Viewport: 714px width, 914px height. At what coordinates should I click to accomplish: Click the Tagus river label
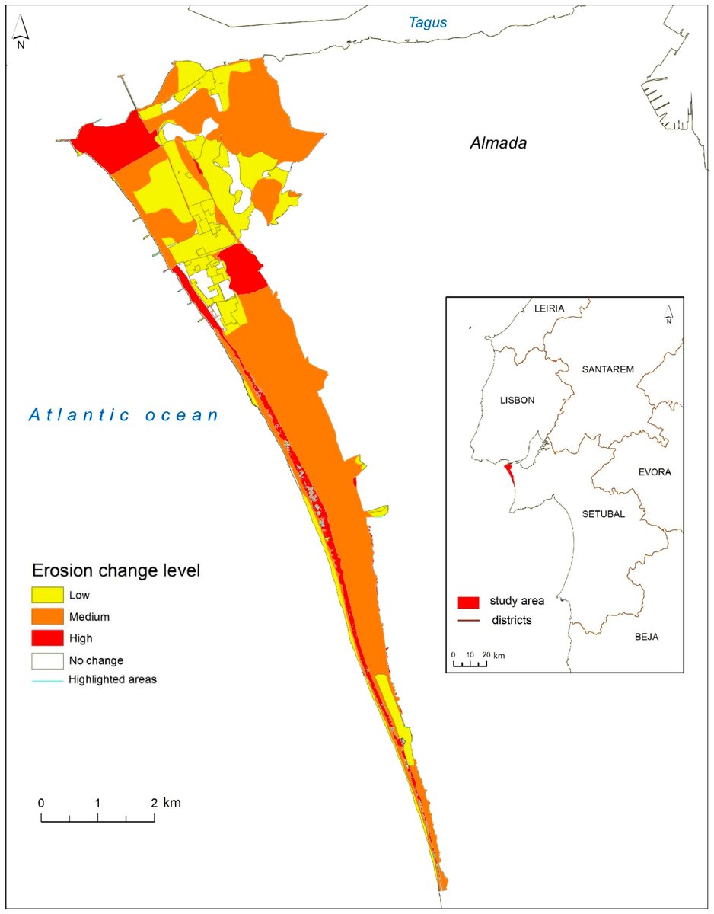tap(428, 23)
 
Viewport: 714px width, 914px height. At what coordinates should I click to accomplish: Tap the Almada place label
tap(498, 143)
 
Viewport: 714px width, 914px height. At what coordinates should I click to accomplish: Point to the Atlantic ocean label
tap(124, 415)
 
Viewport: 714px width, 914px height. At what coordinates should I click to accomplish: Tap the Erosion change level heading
tap(115, 570)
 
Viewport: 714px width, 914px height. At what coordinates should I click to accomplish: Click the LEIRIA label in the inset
tap(549, 308)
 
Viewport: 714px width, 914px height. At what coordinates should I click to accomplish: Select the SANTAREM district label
tap(607, 369)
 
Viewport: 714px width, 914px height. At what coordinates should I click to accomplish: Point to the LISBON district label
tap(517, 400)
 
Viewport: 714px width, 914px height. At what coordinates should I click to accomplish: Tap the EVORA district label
tap(654, 472)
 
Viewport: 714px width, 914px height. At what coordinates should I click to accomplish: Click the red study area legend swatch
tap(468, 602)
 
